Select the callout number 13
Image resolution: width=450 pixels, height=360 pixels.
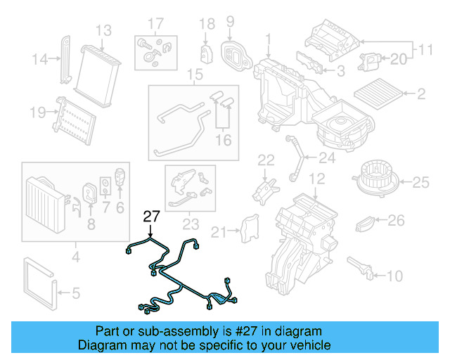tap(103, 30)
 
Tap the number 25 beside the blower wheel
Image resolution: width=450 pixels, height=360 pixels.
tap(420, 183)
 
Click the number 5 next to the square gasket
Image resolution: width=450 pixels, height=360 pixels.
tap(76, 292)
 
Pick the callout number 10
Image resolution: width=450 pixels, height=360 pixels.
tap(394, 275)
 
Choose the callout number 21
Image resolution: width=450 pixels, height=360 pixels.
tap(219, 232)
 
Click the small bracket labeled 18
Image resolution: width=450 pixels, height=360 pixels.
tap(207, 53)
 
